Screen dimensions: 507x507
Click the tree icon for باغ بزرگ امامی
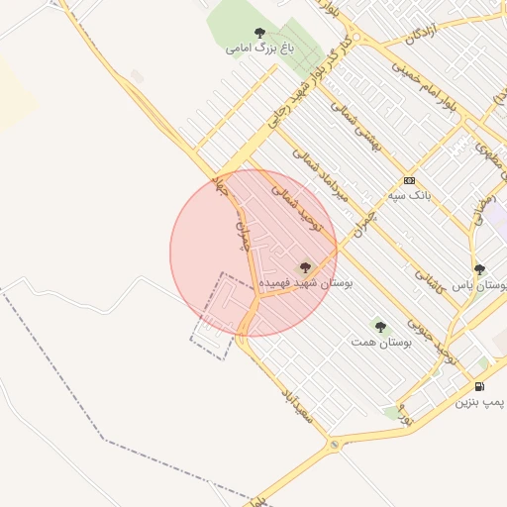[x=260, y=33]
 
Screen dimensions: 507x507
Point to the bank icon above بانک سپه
[x=409, y=180]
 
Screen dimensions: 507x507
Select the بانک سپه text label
[x=409, y=195]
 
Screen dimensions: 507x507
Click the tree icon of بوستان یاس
[x=479, y=269]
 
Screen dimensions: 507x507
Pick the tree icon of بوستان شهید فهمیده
[x=305, y=267]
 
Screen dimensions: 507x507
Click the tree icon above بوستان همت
[x=380, y=326]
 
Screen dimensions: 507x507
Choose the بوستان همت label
[x=380, y=342]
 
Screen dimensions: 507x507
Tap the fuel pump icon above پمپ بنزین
[x=480, y=386]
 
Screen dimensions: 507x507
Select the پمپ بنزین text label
[x=480, y=402]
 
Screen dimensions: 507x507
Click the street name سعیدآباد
[x=297, y=405]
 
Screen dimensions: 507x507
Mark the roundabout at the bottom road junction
[x=335, y=446]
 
